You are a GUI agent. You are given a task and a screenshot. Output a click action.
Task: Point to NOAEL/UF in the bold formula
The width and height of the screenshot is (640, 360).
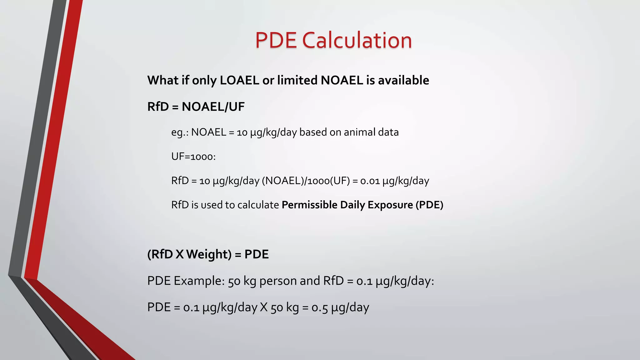tap(213, 107)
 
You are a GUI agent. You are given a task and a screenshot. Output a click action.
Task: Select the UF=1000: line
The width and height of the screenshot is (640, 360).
tap(193, 156)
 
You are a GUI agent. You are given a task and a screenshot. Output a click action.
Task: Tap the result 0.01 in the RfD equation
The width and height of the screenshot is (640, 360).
tap(370, 181)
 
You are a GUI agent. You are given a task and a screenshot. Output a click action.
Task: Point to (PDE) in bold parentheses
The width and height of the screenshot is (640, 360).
tap(429, 205)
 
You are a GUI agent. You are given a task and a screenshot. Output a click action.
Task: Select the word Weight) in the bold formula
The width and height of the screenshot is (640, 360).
tap(209, 254)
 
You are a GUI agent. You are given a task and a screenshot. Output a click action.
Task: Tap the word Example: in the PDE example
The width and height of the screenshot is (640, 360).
tap(199, 281)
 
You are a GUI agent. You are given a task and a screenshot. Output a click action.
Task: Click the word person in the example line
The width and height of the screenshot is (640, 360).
tap(278, 281)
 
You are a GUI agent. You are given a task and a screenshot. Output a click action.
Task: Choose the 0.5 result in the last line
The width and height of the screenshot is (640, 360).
tap(319, 307)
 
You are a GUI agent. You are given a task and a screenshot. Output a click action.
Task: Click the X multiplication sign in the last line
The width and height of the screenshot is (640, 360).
tap(264, 307)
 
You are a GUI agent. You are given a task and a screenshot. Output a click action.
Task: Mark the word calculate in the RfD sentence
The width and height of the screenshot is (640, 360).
tap(258, 205)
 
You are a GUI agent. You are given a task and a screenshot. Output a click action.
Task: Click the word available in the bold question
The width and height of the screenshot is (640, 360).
tap(403, 80)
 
